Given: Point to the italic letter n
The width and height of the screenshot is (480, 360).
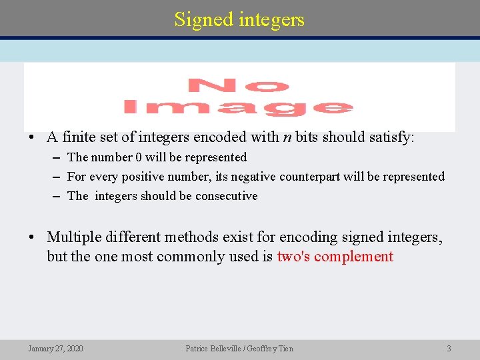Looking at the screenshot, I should point(287,138).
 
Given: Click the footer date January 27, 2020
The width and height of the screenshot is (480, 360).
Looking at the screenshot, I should point(56,349).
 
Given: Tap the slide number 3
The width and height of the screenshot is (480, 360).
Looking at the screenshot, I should point(449,349).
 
